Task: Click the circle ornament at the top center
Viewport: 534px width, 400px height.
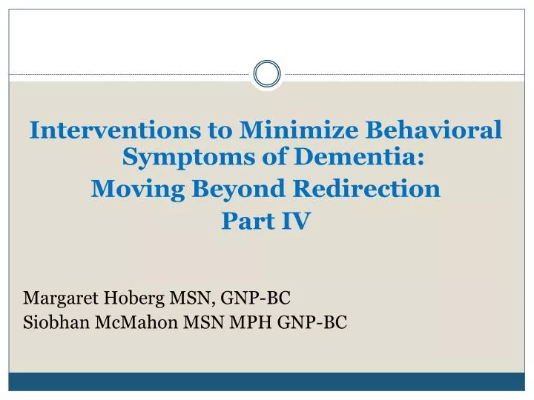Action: pos(267,73)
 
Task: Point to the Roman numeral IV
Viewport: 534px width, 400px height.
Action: pos(294,221)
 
